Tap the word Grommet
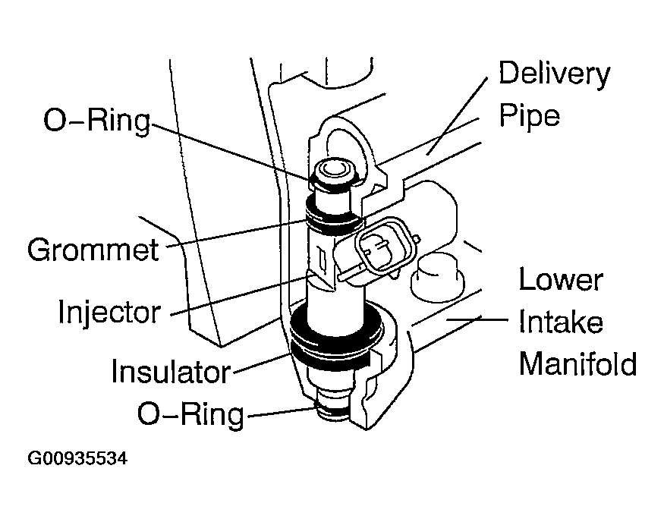[93, 249]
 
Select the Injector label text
[109, 311]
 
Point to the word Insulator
[170, 372]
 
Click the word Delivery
[554, 74]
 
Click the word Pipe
[528, 116]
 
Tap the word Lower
[561, 280]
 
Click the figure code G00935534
[77, 460]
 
